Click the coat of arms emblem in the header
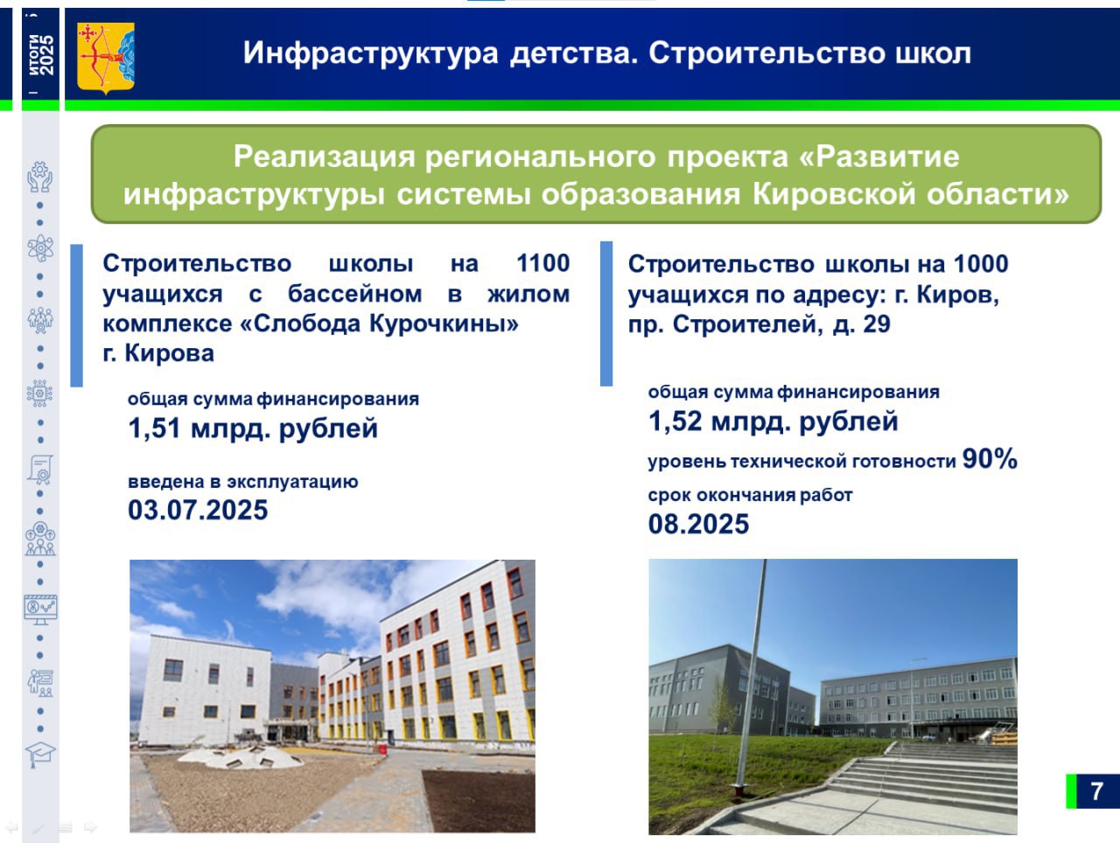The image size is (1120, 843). [x=106, y=58]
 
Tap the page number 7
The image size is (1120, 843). [x=1096, y=791]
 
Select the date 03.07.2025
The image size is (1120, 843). [x=198, y=510]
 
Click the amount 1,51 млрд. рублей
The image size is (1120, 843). [x=253, y=428]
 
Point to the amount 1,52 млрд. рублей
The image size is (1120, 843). [x=773, y=421]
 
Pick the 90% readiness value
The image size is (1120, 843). [x=990, y=458]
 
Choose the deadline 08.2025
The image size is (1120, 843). [x=698, y=525]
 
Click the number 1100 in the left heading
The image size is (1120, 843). [x=542, y=263]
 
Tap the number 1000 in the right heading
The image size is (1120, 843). [x=981, y=264]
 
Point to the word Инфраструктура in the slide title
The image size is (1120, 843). [x=370, y=53]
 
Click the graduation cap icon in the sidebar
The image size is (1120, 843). [x=40, y=755]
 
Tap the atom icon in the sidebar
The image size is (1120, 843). [x=40, y=248]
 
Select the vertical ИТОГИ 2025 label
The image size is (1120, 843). [x=41, y=55]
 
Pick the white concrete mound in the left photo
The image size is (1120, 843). [x=241, y=758]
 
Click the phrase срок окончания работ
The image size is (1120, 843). [x=750, y=495]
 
